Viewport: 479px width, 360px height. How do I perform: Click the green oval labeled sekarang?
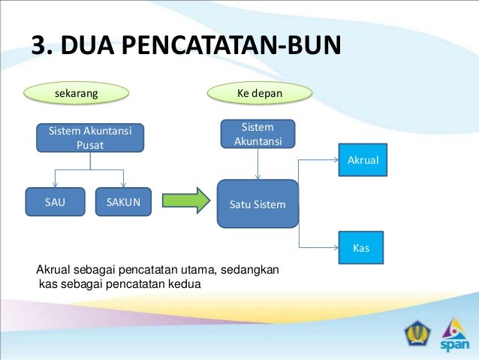pyautogui.click(x=77, y=94)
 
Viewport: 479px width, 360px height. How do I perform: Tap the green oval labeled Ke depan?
pyautogui.click(x=259, y=94)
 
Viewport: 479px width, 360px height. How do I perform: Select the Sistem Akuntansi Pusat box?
pyautogui.click(x=90, y=138)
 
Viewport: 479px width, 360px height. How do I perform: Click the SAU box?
pyautogui.click(x=55, y=201)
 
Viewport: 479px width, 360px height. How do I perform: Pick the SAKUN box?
pyautogui.click(x=123, y=201)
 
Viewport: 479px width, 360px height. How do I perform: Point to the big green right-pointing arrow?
pyautogui.click(x=185, y=201)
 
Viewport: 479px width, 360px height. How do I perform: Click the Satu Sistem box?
pyautogui.click(x=258, y=203)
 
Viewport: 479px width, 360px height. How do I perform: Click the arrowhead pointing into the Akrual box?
pyautogui.click(x=334, y=159)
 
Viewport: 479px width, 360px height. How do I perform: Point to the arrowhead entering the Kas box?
pyautogui.click(x=334, y=247)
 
